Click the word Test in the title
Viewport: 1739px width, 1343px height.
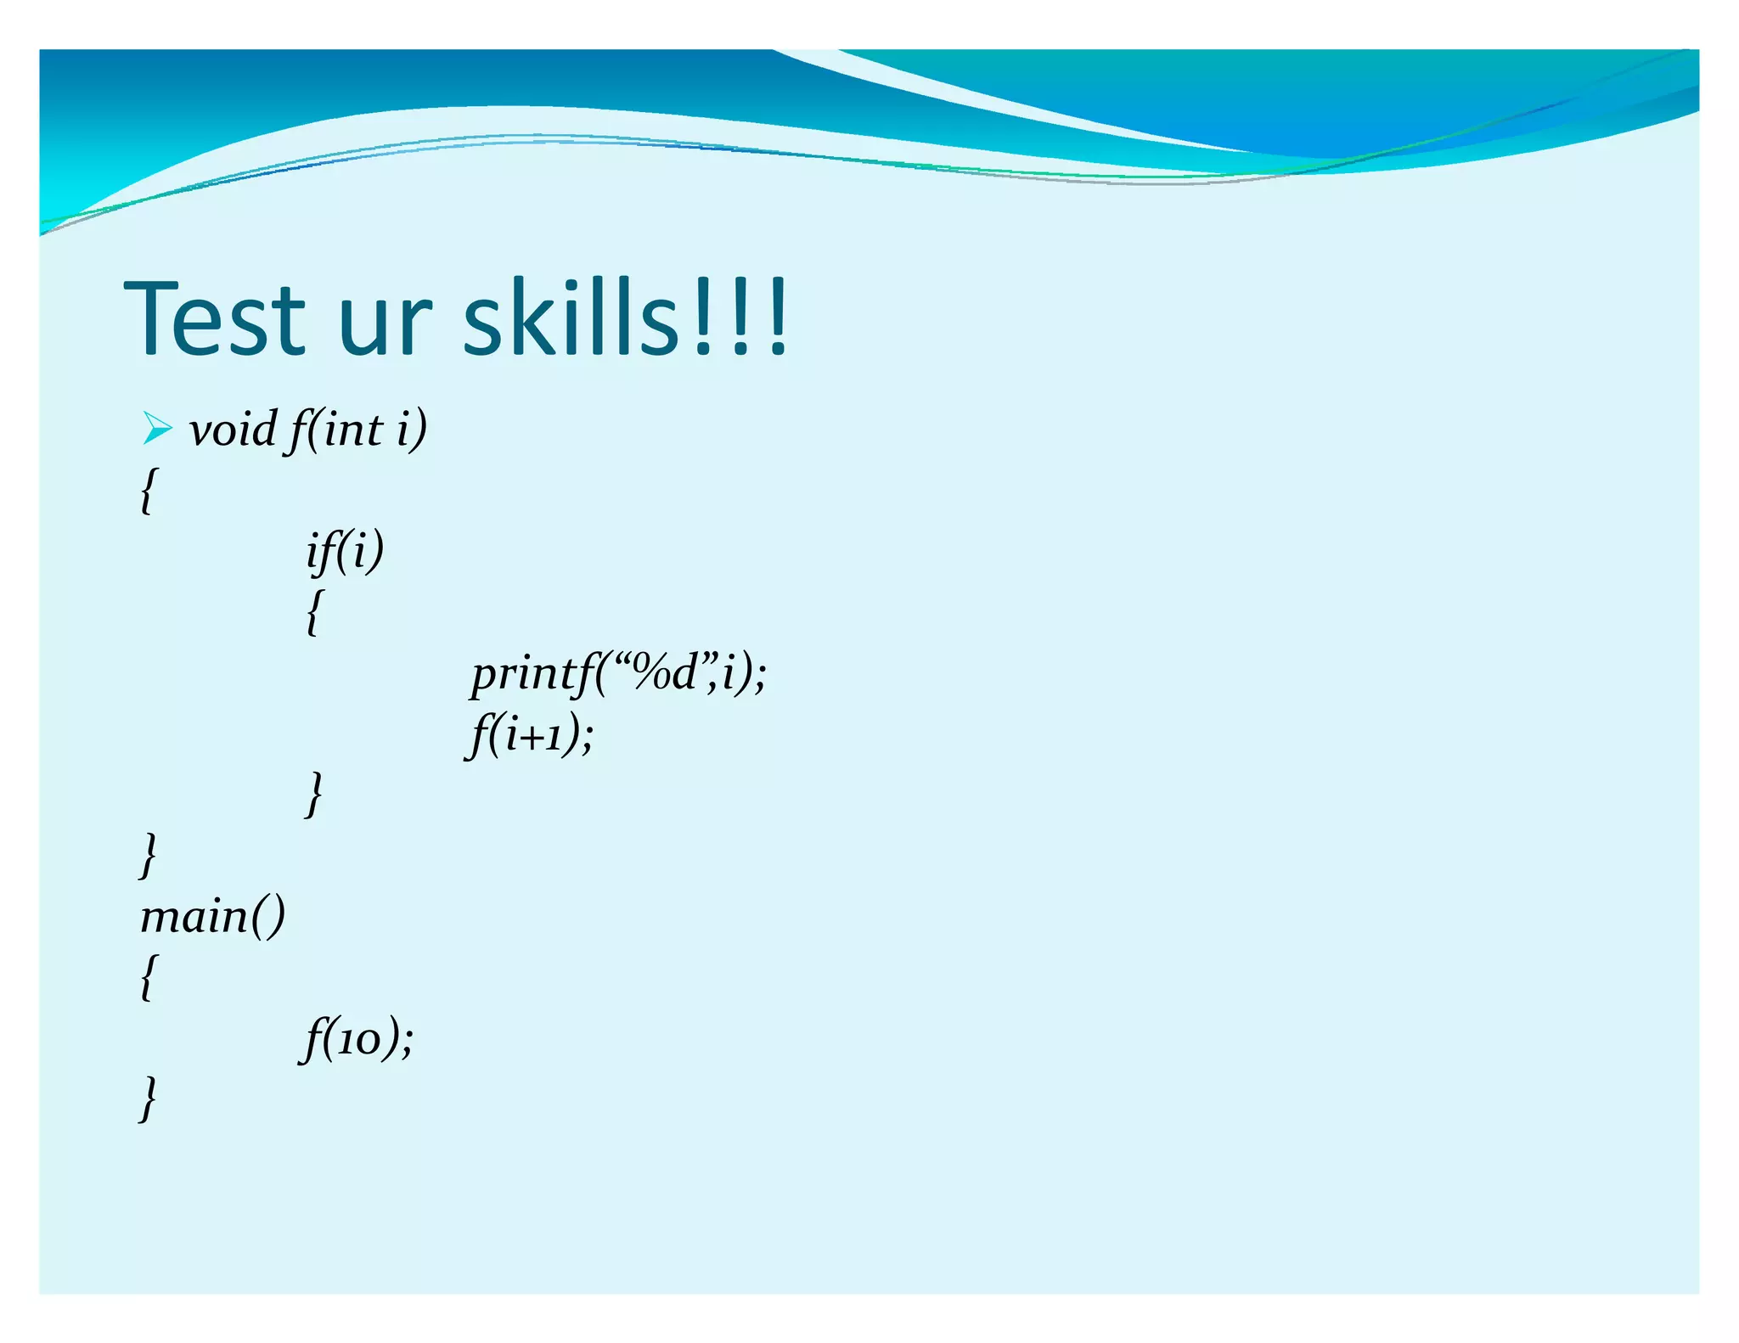tap(215, 318)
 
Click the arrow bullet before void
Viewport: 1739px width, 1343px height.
tap(157, 428)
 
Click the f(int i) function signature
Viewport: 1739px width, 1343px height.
tap(357, 430)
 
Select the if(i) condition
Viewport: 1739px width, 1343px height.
tap(345, 551)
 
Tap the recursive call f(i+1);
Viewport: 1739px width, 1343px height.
tap(530, 734)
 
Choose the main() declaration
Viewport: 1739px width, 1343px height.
tap(212, 918)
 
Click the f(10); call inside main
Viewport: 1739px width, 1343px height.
tap(357, 1039)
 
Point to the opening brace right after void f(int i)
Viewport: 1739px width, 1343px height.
tap(148, 491)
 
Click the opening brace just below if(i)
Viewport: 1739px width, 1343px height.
tap(314, 612)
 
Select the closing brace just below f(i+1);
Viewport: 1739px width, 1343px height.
tap(314, 795)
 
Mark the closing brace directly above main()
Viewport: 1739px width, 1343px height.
tap(148, 856)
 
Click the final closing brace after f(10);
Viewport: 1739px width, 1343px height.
tap(148, 1099)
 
